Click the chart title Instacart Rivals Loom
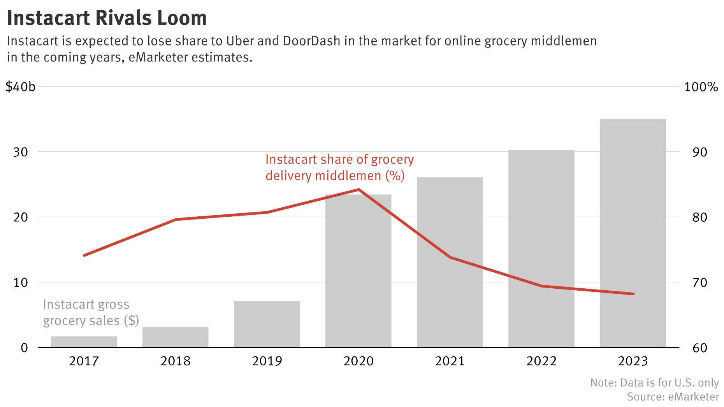click(107, 18)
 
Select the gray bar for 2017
click(84, 342)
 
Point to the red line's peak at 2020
click(358, 189)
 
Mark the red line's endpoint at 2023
click(633, 294)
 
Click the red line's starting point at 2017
click(84, 255)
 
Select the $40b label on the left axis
click(21, 87)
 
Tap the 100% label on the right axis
click(701, 87)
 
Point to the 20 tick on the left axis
click(21, 217)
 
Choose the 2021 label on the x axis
click(450, 361)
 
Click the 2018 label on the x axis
click(175, 361)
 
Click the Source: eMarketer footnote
click(673, 396)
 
